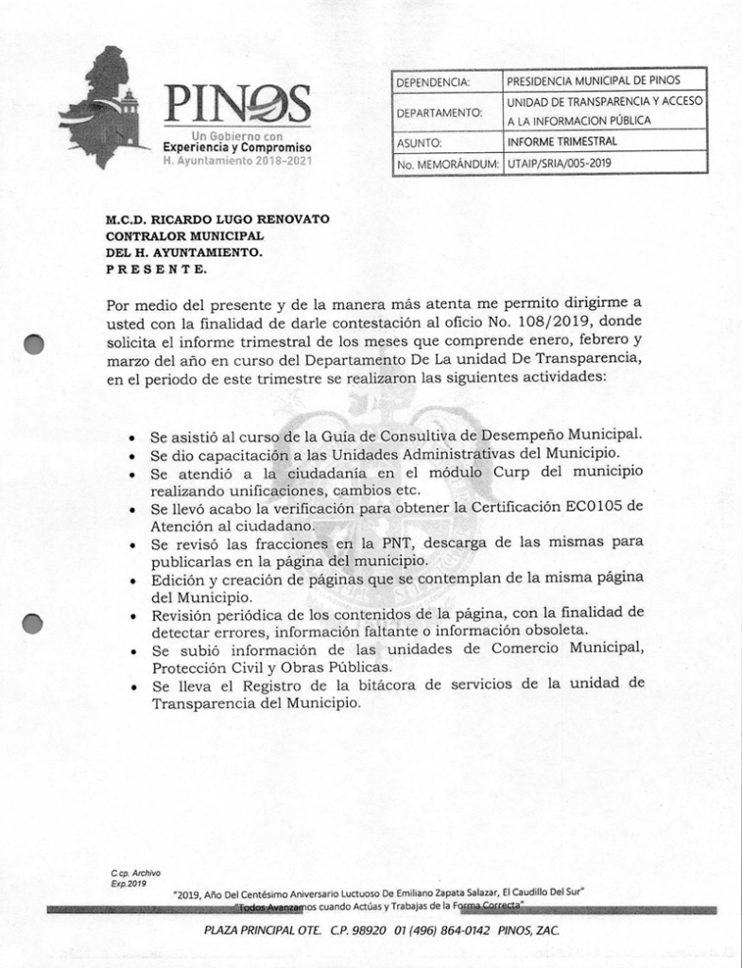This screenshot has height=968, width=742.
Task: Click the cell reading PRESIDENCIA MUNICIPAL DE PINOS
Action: click(x=593, y=81)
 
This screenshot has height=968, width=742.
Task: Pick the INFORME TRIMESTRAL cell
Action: click(x=562, y=142)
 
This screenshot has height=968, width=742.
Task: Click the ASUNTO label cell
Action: click(x=420, y=143)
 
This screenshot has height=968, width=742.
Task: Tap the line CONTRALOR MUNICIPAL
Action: click(x=184, y=235)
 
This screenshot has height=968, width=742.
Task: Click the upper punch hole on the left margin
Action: click(x=34, y=344)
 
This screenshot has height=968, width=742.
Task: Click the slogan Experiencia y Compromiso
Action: click(x=237, y=148)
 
